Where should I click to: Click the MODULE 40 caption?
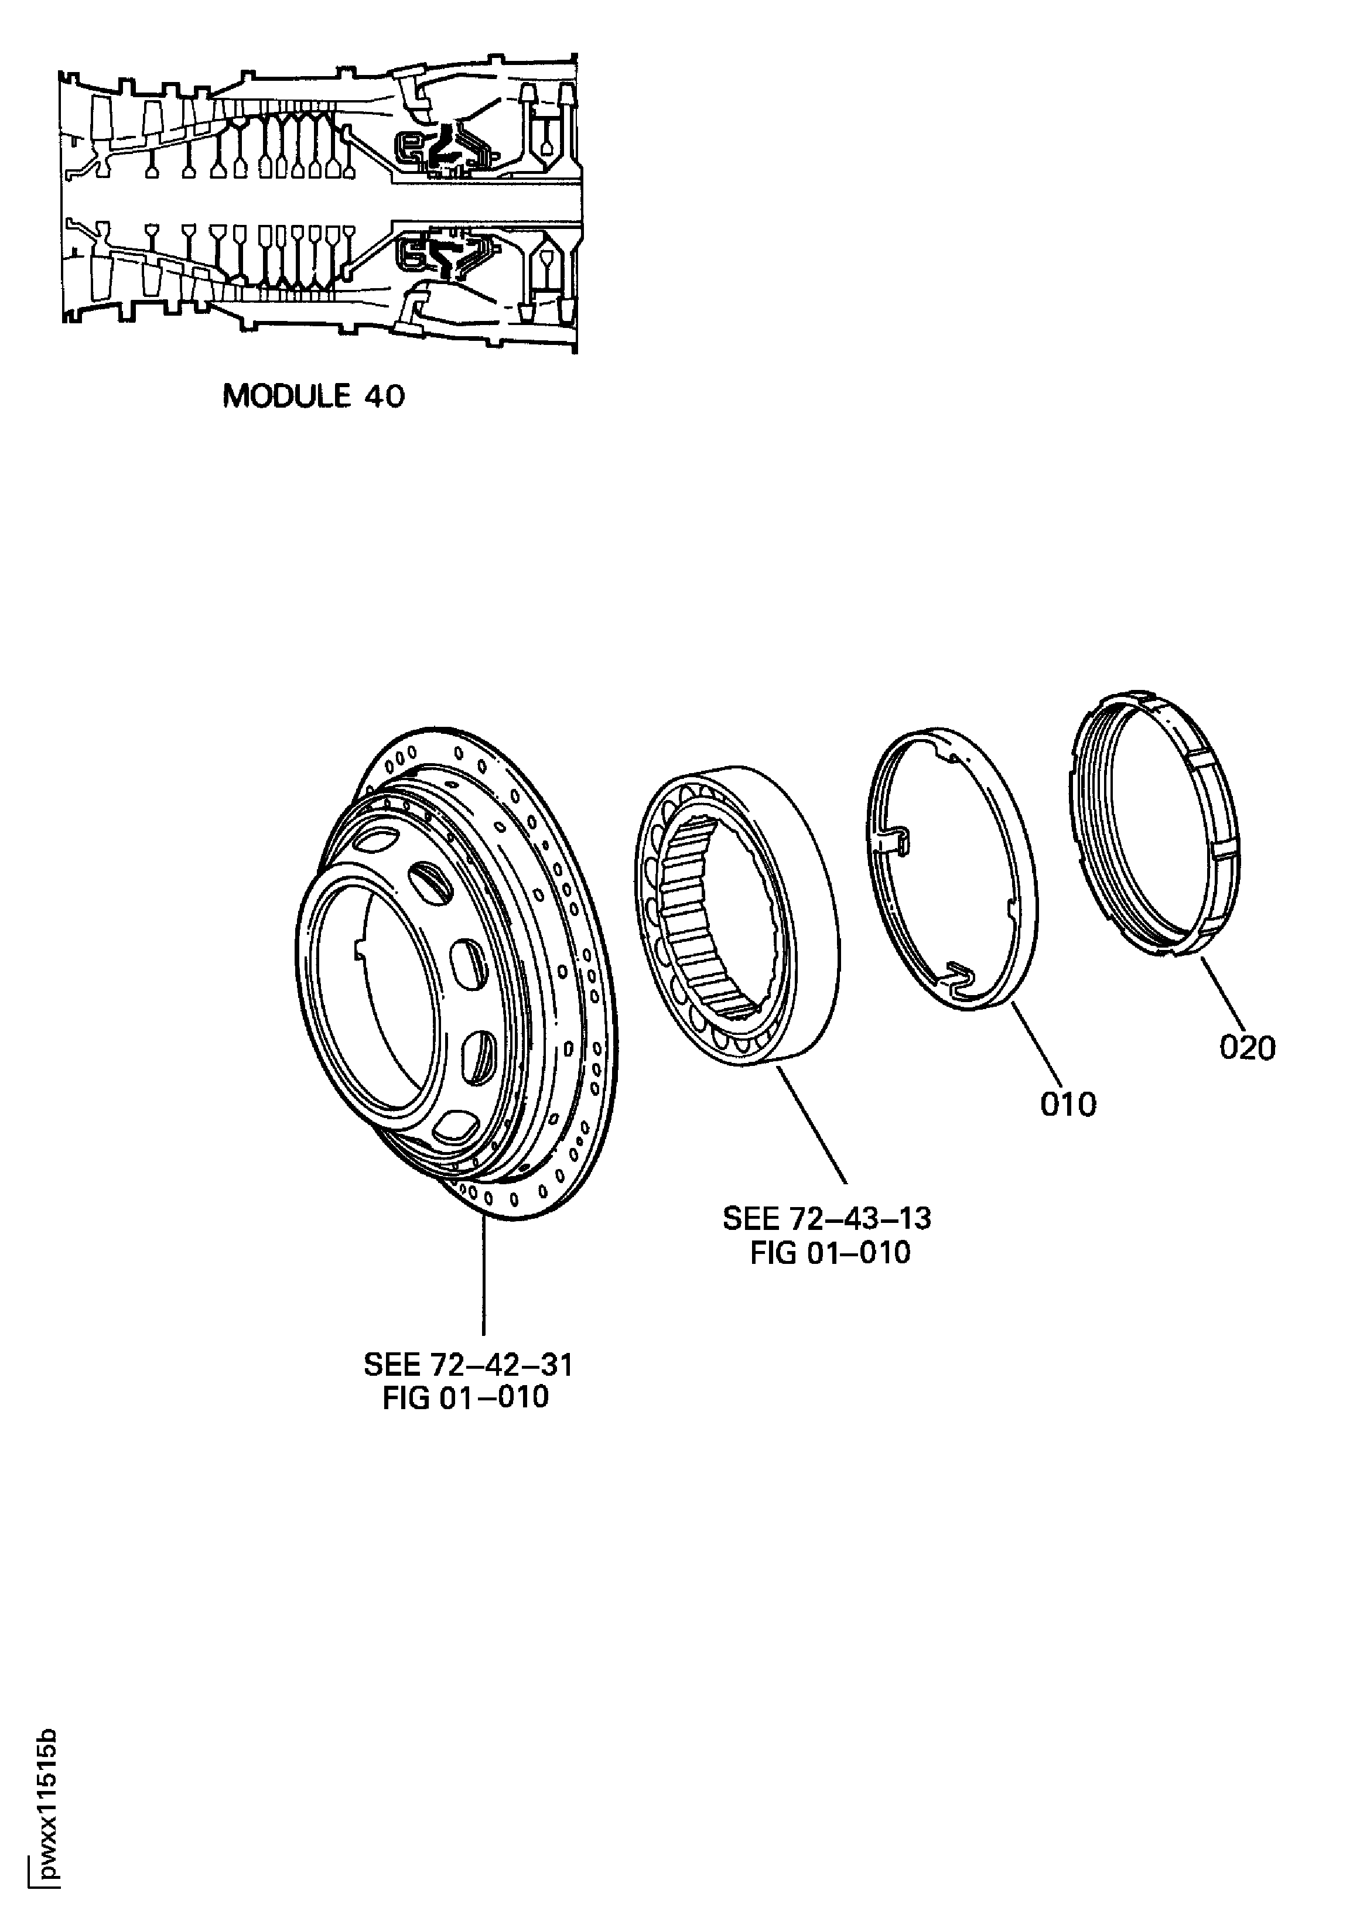tap(313, 396)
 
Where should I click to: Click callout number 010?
tap(1068, 1105)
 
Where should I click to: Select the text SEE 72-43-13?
tap(826, 1218)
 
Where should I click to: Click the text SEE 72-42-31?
tap(467, 1366)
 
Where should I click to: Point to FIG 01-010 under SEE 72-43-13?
tap(830, 1253)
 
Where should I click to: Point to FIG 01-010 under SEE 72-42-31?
tap(466, 1397)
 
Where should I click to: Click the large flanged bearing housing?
tap(469, 963)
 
